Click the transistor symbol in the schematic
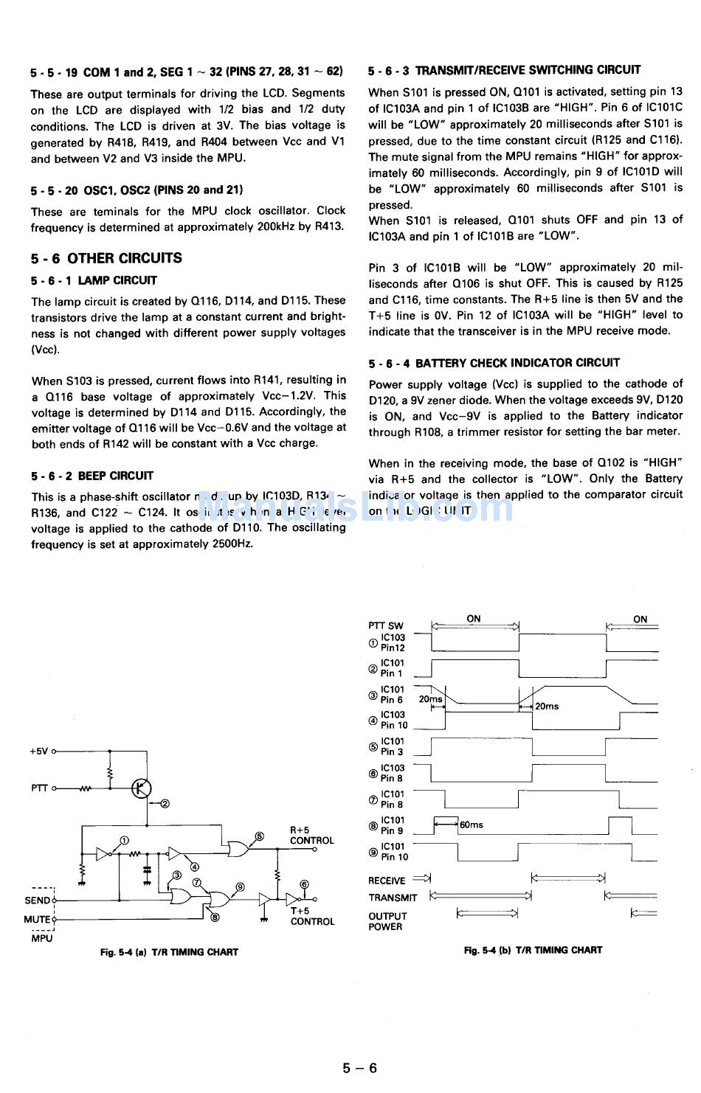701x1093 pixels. (141, 788)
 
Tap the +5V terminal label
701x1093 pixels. (39, 751)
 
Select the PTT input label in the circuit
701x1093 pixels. (39, 788)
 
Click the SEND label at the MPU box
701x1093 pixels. (37, 900)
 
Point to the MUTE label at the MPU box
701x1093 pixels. (37, 919)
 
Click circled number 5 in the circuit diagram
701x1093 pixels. (259, 836)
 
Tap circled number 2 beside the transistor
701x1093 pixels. (165, 804)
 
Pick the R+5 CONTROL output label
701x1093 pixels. (311, 835)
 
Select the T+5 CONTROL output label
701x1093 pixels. (311, 916)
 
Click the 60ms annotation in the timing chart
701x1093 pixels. (471, 825)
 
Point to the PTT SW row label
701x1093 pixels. (386, 625)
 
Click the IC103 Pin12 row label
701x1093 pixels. (392, 642)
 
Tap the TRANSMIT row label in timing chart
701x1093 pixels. (393, 898)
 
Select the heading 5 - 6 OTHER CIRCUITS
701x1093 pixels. (106, 258)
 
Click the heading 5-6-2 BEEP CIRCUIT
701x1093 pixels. (92, 476)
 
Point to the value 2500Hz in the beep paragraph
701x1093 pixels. (231, 544)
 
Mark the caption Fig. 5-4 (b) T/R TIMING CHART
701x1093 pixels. (533, 950)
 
